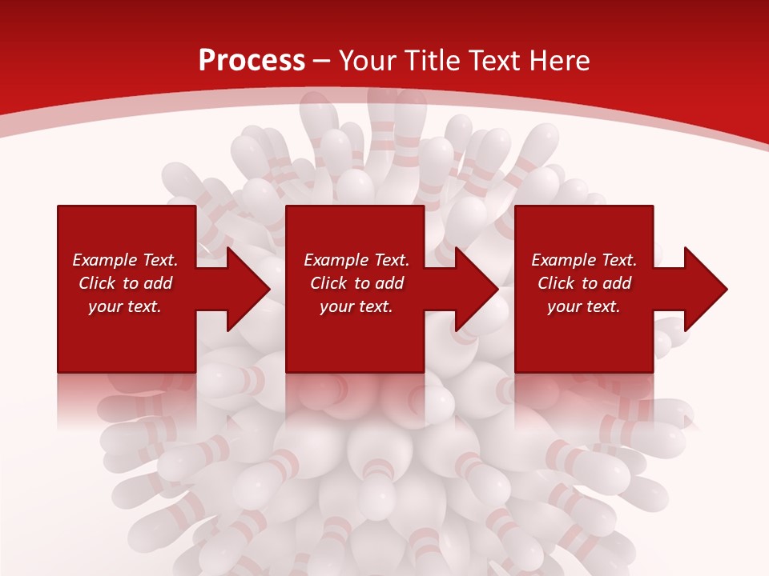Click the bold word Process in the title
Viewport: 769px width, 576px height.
pyautogui.click(x=252, y=61)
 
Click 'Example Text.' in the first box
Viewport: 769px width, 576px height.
pyautogui.click(x=125, y=260)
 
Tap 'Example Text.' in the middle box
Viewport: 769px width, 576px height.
pyautogui.click(x=356, y=260)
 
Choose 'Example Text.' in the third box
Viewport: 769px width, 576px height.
pyautogui.click(x=584, y=260)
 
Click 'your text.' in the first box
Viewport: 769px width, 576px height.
pyautogui.click(x=125, y=306)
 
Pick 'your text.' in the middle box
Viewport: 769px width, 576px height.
pyautogui.click(x=356, y=306)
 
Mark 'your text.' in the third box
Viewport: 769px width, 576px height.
pyautogui.click(x=584, y=306)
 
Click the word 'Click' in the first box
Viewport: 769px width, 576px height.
pyautogui.click(x=97, y=283)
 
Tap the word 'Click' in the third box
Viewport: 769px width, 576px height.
pyautogui.click(x=556, y=283)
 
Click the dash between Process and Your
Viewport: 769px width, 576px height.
pyautogui.click(x=322, y=62)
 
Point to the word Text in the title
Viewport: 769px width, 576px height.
pyautogui.click(x=493, y=61)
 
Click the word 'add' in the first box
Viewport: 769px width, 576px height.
pyautogui.click(x=157, y=283)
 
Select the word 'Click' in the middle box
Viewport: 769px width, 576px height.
pyautogui.click(x=328, y=283)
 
